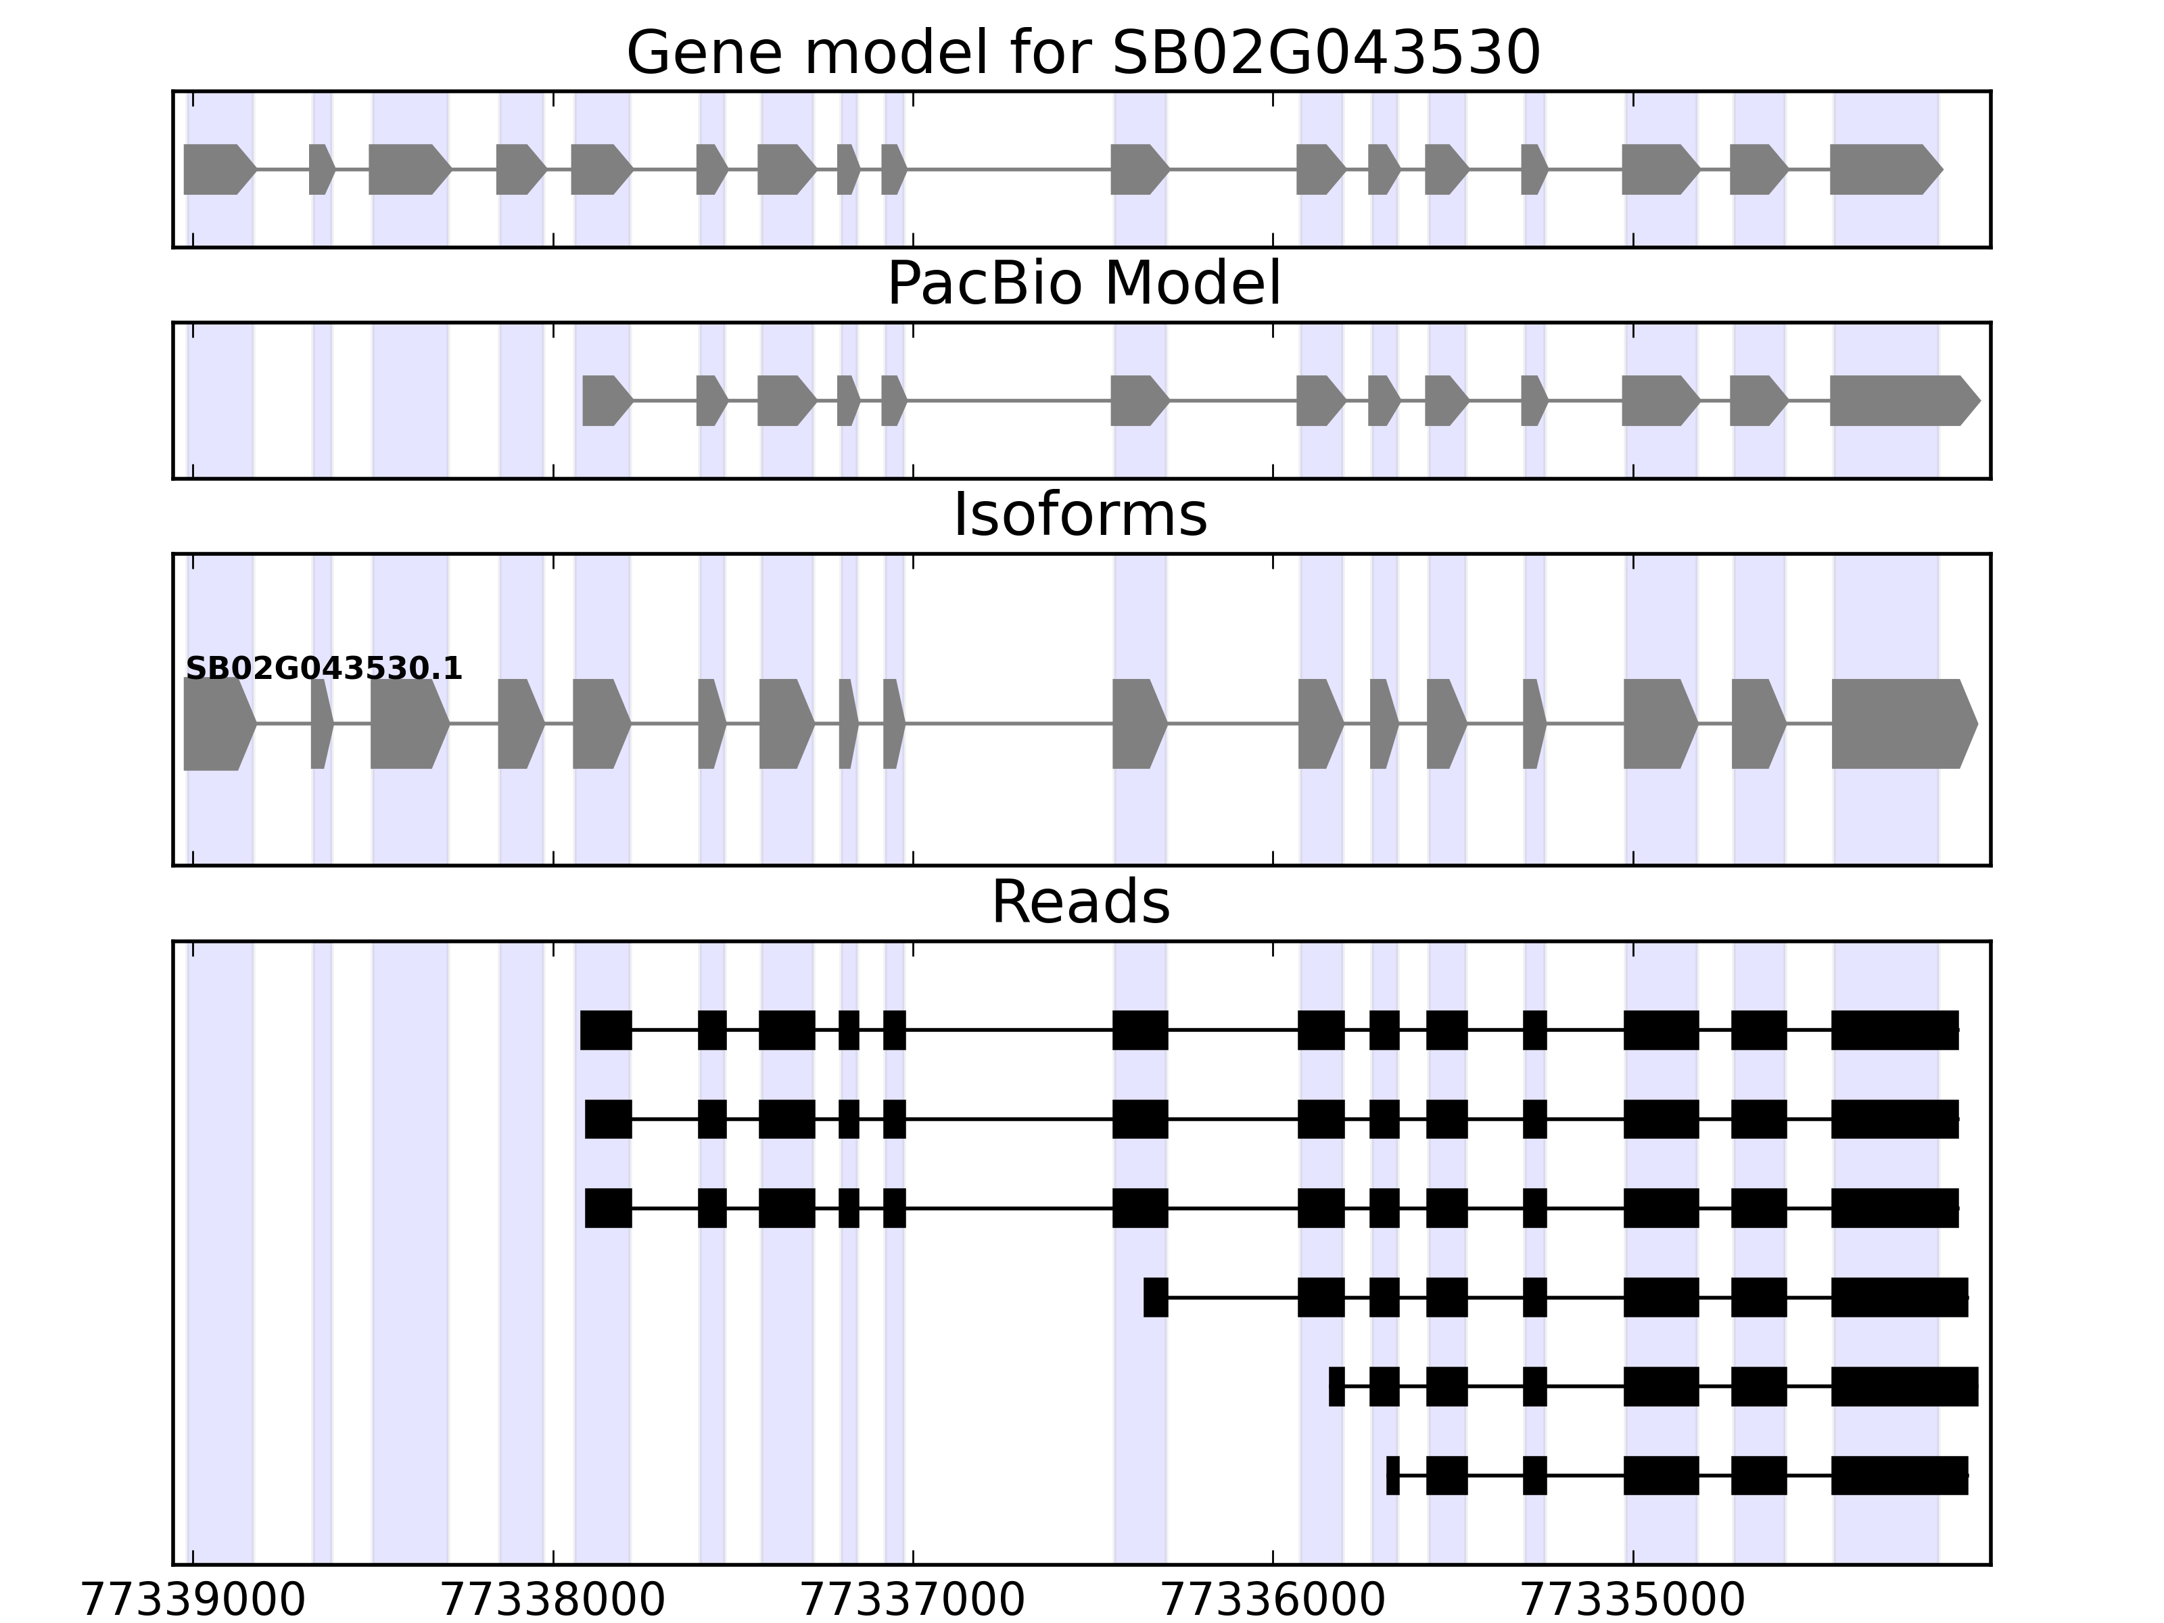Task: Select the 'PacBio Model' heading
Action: tap(1082, 284)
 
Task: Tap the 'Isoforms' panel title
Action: tap(1080, 515)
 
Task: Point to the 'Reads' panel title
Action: tap(1080, 902)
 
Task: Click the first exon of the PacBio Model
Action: tap(605, 400)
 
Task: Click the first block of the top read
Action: tap(605, 1029)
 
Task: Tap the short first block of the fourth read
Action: tap(1155, 1297)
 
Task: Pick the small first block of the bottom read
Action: tap(1392, 1476)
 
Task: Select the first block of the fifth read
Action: tap(1336, 1386)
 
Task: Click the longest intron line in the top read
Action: tap(1009, 1029)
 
